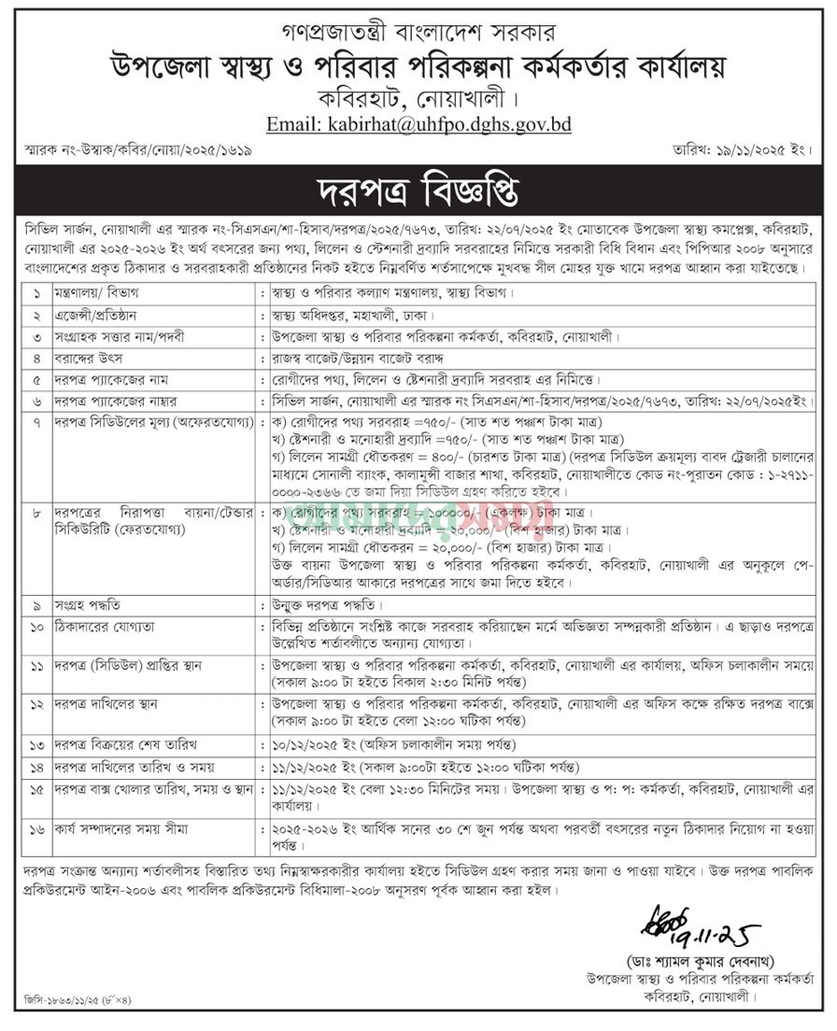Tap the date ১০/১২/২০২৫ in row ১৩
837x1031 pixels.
click(x=304, y=743)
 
